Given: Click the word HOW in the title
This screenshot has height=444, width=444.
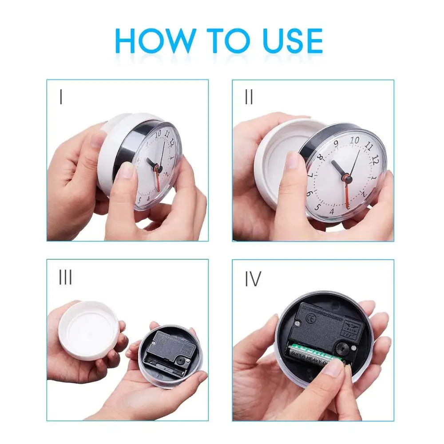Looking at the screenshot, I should tap(155, 41).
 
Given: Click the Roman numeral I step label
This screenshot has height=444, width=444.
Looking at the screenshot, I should tap(61, 97).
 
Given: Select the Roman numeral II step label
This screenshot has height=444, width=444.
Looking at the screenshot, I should tap(249, 97).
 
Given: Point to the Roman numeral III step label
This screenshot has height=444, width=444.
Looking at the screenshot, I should tap(65, 277).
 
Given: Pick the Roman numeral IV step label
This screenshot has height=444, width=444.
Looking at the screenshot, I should tap(253, 279).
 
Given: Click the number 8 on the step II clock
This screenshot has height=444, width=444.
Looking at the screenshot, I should tap(320, 158).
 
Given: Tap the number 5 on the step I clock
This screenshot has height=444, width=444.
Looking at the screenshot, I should tap(139, 200).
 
